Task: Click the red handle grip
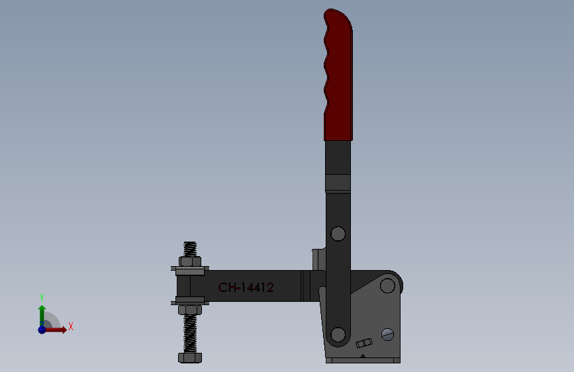pos(338,76)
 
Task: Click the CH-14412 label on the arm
pos(246,287)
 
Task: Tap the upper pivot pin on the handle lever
pos(338,234)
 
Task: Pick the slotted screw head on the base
pos(387,334)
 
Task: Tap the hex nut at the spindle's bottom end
pos(190,357)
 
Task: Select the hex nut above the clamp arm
pos(190,261)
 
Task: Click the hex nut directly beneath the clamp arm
pos(190,309)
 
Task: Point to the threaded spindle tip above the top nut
pos(190,249)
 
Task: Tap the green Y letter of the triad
pos(41,297)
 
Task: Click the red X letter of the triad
pos(70,326)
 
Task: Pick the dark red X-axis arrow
pos(57,330)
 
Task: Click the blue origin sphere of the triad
pos(42,329)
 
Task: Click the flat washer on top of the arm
pos(190,269)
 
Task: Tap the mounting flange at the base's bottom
pos(363,360)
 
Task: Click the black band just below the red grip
pos(338,182)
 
